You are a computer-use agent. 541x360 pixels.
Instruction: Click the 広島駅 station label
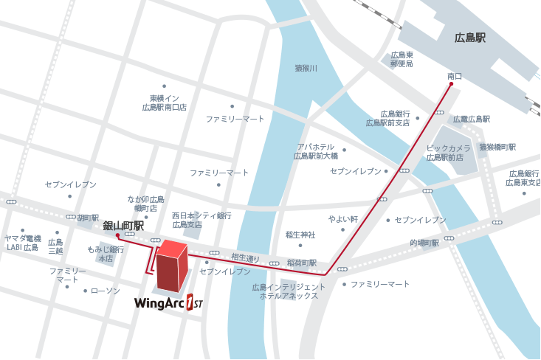[x=470, y=38]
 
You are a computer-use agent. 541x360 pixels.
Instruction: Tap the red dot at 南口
[x=451, y=84]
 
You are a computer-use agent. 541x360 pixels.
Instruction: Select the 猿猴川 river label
[x=306, y=69]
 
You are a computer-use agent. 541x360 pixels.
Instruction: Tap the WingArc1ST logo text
[x=168, y=302]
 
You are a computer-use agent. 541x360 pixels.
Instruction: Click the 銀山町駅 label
[x=123, y=225]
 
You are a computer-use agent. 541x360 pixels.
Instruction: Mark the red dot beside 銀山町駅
[x=117, y=236]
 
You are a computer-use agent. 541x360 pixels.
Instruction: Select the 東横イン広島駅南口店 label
[x=164, y=103]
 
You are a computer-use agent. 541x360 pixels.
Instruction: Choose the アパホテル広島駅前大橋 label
[x=316, y=151]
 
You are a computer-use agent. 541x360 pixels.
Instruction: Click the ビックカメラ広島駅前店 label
[x=449, y=153]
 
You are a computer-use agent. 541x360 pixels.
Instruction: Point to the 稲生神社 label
[x=300, y=235]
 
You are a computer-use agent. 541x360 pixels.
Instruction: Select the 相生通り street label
[x=246, y=257]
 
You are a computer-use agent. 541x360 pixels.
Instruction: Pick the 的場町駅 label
[x=424, y=242]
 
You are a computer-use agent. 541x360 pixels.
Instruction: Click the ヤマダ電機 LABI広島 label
[x=22, y=243]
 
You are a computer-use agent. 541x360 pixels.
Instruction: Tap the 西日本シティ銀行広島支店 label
[x=201, y=220]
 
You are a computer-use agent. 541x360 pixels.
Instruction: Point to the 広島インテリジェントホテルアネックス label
[x=289, y=291]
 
